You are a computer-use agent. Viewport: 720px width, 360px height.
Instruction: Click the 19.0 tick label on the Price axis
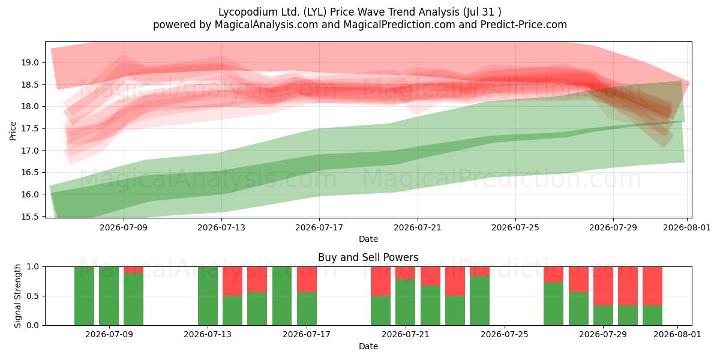click(x=29, y=62)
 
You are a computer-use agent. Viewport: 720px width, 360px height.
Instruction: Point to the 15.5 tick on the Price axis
click(x=29, y=217)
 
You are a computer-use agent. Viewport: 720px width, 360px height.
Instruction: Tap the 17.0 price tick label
click(x=29, y=151)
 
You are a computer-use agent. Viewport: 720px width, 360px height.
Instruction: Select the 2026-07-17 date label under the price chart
click(x=319, y=227)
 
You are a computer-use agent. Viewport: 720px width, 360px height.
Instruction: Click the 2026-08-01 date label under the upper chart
click(x=687, y=227)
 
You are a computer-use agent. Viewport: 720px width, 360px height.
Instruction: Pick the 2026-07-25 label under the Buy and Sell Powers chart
click(x=505, y=334)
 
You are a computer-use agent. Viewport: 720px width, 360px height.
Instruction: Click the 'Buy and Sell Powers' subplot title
click(x=368, y=257)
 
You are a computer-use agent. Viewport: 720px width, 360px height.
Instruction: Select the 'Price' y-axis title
click(x=13, y=131)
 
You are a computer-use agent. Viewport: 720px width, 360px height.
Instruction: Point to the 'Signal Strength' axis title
click(x=17, y=296)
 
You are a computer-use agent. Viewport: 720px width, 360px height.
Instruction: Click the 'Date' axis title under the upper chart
click(x=368, y=239)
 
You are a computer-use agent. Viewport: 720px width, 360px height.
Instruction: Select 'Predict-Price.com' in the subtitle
click(x=524, y=25)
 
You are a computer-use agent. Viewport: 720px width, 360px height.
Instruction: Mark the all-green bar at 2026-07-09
click(x=109, y=296)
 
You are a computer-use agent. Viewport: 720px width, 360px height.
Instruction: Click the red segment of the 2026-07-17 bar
click(x=307, y=280)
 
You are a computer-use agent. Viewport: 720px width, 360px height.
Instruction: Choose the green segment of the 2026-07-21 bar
click(x=406, y=302)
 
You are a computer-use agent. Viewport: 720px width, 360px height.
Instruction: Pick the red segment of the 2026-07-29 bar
click(x=603, y=286)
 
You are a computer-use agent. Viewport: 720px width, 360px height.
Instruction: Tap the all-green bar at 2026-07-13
click(x=208, y=296)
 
